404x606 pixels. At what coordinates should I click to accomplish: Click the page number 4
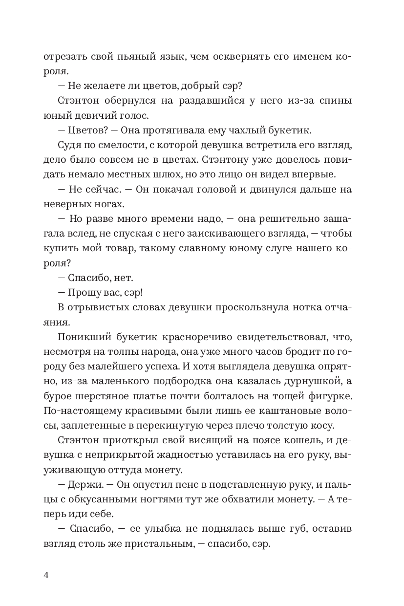[x=46, y=575]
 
